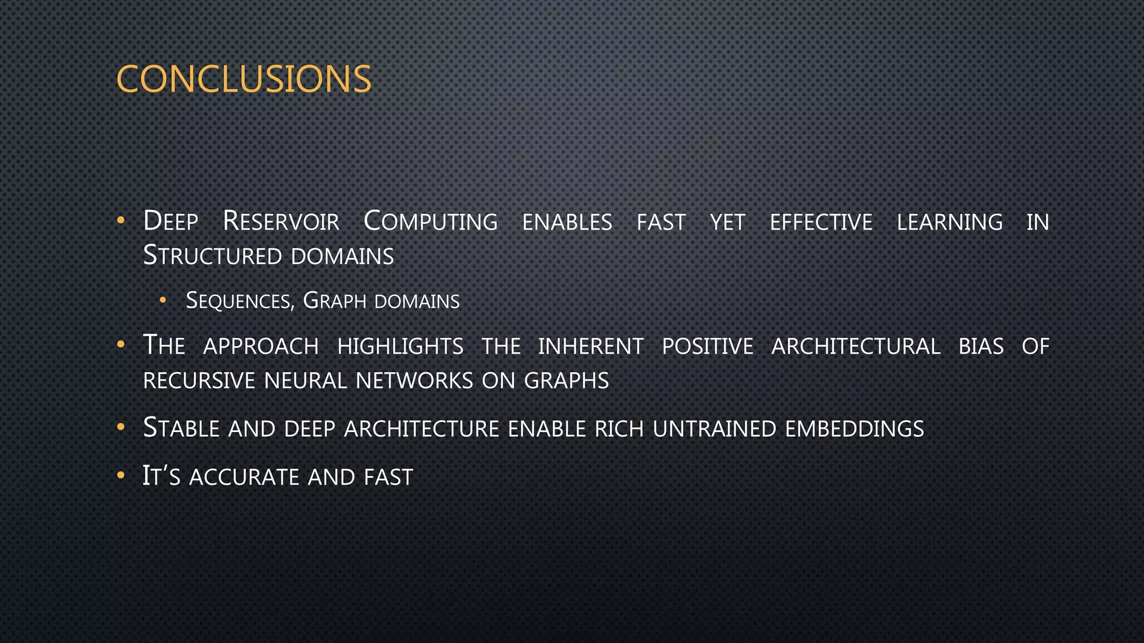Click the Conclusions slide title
(x=244, y=79)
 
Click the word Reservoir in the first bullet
(x=281, y=222)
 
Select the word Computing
(x=430, y=222)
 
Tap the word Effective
(x=821, y=222)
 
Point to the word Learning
(x=949, y=222)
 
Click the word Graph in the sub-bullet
(x=334, y=301)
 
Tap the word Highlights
(x=400, y=347)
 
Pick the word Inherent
(x=590, y=347)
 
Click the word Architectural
(x=855, y=347)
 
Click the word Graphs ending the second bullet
(x=566, y=381)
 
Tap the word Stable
(x=181, y=429)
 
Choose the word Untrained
(x=714, y=429)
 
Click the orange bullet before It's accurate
(x=121, y=476)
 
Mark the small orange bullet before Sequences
(x=163, y=300)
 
